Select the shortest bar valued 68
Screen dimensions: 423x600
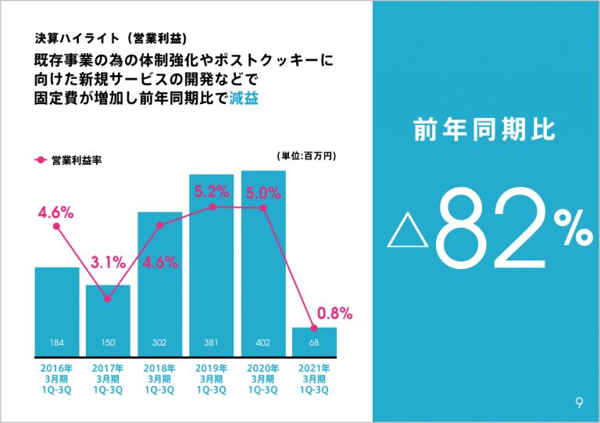[x=314, y=341]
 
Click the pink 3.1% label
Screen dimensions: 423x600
[x=108, y=263]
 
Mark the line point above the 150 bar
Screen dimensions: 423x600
[x=108, y=298]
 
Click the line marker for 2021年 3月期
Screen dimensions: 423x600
[x=314, y=328]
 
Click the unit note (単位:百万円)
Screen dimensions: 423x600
[x=307, y=156]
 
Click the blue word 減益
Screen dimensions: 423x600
[x=244, y=99]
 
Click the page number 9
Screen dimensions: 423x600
[x=578, y=403]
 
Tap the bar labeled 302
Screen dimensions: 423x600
[x=159, y=281]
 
